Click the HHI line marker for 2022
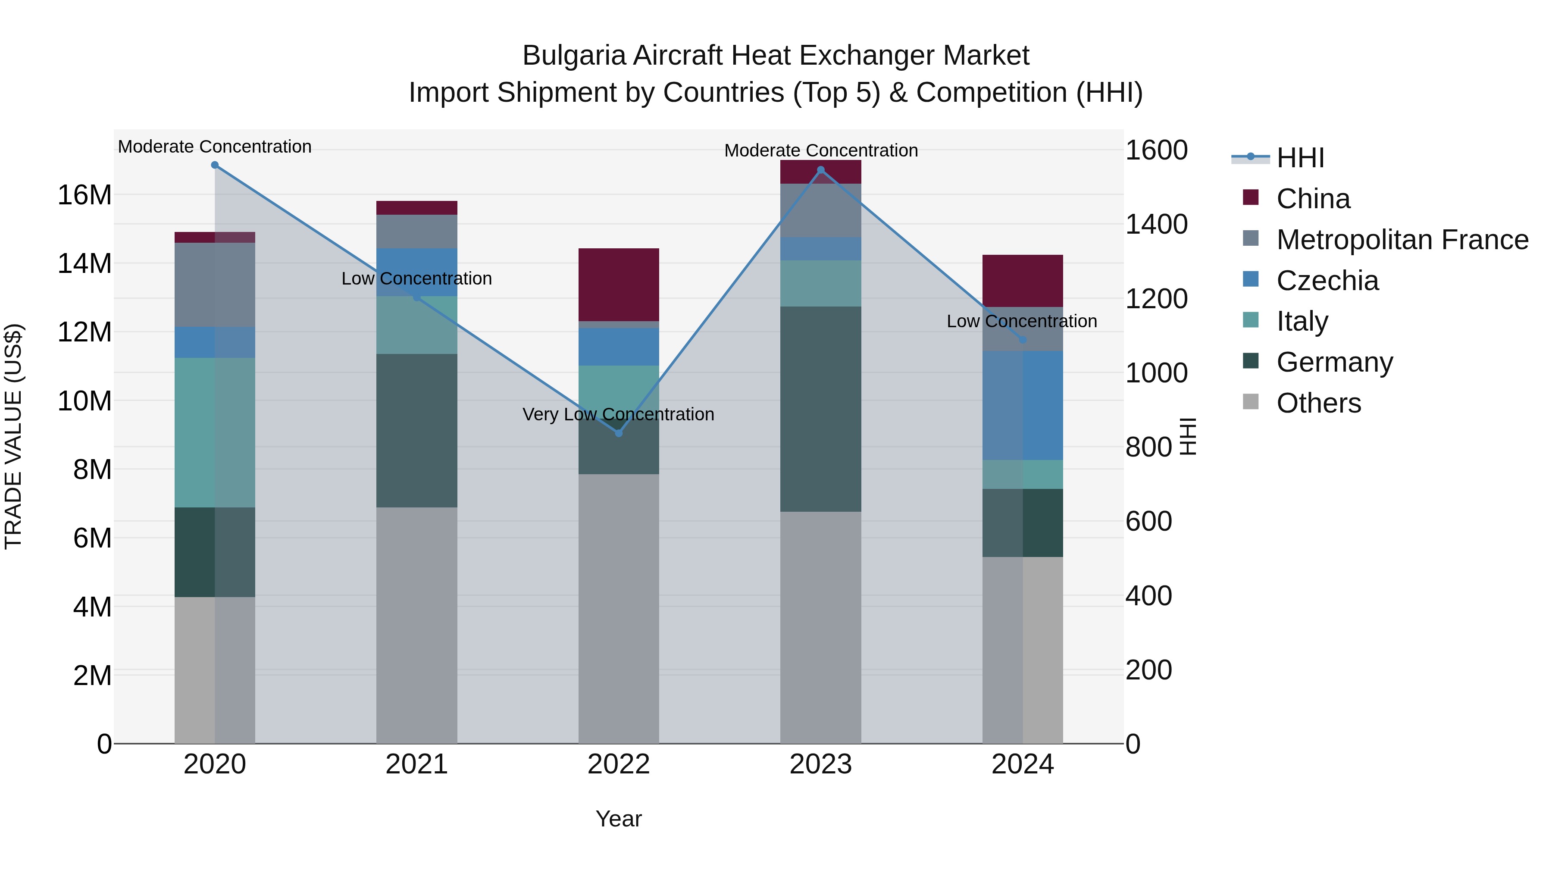tap(618, 433)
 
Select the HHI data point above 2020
tap(215, 165)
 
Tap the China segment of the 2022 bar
tap(618, 285)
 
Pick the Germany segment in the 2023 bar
tap(820, 409)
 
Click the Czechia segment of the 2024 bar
tap(1023, 406)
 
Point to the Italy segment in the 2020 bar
tap(215, 432)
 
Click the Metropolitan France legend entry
tap(1402, 240)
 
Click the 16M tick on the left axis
tap(84, 195)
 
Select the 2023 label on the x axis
tap(820, 764)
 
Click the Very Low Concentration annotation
tap(618, 414)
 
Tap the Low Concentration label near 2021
tap(416, 278)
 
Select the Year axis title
tap(618, 819)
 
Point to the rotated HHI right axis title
tap(1187, 436)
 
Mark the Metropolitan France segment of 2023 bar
tap(820, 211)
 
